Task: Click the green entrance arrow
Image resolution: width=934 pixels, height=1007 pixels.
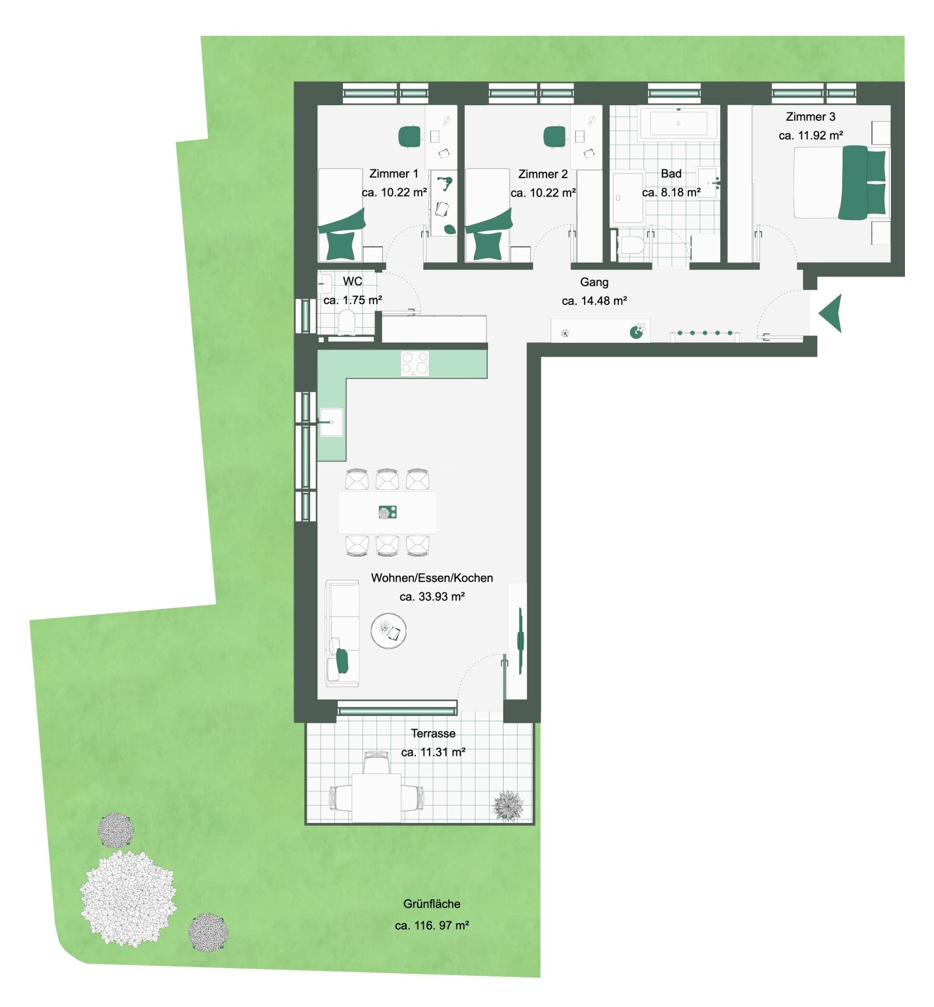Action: (x=831, y=313)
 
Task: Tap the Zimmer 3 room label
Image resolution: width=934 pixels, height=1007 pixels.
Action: (x=810, y=117)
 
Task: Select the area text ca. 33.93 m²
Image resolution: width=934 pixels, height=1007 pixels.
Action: (x=431, y=596)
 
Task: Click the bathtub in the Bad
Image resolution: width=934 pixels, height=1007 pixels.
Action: (x=678, y=123)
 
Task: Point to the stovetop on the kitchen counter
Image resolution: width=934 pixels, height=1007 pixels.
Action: (x=415, y=363)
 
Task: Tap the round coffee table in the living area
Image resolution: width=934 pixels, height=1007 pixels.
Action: (x=388, y=631)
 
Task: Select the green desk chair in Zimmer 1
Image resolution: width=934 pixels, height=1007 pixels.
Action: (x=409, y=137)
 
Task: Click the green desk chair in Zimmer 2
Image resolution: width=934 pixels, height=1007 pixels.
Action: (x=554, y=137)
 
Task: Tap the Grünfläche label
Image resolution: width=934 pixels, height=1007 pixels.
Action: (x=431, y=904)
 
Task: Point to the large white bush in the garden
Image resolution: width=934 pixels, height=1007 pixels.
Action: (x=128, y=899)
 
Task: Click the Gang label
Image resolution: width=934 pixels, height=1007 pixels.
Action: (x=594, y=282)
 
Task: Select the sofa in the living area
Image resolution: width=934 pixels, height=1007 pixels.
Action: (x=342, y=633)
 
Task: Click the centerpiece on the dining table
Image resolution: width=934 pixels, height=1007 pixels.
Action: (x=387, y=512)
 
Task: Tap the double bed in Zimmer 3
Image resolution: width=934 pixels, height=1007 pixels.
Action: (x=840, y=183)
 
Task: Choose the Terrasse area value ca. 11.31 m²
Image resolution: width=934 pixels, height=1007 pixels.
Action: (x=433, y=752)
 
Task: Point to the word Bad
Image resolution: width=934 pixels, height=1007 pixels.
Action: (x=671, y=174)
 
